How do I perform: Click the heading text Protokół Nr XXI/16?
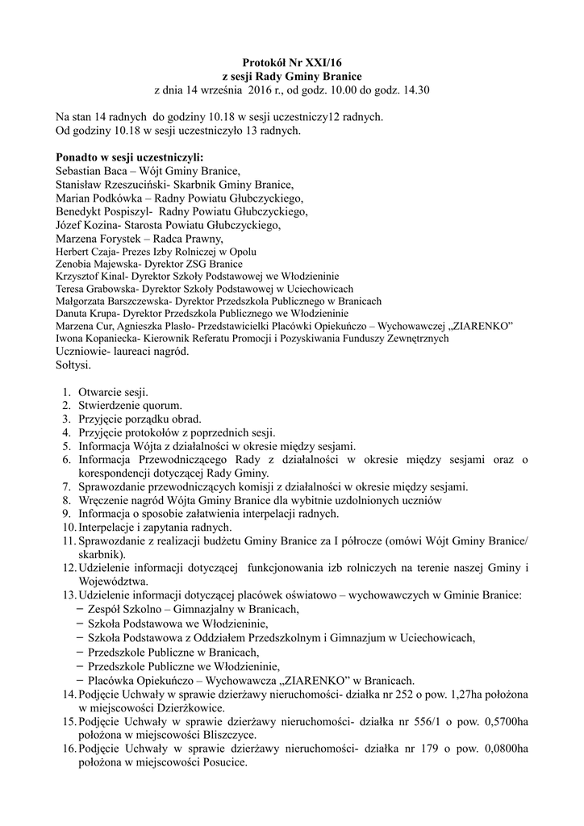tap(291, 61)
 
